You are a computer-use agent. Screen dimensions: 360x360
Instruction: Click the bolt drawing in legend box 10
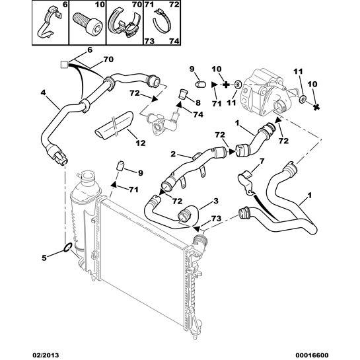point(87,23)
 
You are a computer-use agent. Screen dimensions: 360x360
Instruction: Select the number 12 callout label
point(141,143)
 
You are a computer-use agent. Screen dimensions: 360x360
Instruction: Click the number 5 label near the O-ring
point(43,92)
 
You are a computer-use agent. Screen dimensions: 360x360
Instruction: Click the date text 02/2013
point(45,355)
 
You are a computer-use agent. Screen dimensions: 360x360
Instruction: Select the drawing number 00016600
point(313,355)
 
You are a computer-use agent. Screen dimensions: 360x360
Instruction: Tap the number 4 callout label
point(43,92)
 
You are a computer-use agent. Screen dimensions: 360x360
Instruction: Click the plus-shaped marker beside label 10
point(226,85)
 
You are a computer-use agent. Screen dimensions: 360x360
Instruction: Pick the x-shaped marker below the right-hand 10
point(316,107)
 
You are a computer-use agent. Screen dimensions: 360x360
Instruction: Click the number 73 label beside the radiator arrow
point(216,219)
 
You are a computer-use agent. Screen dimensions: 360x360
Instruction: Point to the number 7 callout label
point(262,161)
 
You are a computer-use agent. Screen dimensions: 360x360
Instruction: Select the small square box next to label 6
point(64,65)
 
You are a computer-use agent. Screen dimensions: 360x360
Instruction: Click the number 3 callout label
point(215,201)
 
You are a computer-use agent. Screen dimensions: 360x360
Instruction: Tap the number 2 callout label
point(173,154)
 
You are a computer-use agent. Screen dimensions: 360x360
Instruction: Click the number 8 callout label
point(198,102)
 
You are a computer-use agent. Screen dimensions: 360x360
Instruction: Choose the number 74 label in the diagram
point(198,114)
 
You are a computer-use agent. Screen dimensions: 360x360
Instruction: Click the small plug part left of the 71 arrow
point(201,84)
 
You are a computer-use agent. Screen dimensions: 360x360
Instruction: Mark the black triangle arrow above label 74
point(179,104)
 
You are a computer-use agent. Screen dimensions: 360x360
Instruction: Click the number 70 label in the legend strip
point(137,4)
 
